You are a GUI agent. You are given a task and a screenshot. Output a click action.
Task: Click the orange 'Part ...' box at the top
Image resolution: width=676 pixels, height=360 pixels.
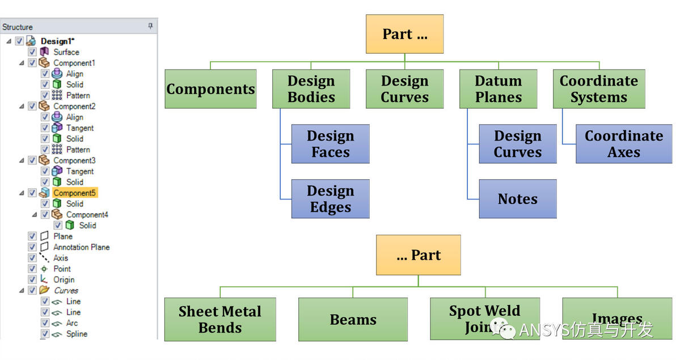pos(404,34)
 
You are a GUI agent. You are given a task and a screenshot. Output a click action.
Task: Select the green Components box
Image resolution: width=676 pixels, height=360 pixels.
pos(210,89)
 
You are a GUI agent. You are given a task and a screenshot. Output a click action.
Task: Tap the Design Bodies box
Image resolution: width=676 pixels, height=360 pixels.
pos(311,89)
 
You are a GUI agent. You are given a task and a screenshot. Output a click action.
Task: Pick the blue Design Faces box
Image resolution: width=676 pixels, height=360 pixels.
pos(330,144)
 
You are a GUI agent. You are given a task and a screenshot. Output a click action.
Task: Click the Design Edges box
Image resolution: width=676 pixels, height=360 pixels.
pos(330,199)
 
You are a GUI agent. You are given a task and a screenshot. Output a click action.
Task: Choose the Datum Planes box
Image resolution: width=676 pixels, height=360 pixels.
pos(498,89)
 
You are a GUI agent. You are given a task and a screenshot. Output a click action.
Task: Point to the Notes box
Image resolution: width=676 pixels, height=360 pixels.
pos(517,199)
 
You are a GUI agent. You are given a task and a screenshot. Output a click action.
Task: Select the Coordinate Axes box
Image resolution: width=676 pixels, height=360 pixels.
pos(623,144)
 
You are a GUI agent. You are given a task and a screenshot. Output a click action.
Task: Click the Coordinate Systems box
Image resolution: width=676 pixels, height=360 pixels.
pos(598,89)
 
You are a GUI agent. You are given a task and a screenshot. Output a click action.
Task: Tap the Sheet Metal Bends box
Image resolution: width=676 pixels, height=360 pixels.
pos(220,319)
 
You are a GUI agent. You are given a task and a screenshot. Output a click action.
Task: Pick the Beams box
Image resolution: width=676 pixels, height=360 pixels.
pos(353,319)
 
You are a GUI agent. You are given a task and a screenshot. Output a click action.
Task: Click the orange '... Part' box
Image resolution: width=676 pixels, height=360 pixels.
pos(418,255)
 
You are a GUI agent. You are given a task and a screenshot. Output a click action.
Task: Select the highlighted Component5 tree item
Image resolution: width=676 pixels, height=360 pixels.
pos(74,193)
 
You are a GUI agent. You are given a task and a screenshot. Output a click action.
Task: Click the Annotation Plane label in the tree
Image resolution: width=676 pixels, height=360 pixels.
pos(81,247)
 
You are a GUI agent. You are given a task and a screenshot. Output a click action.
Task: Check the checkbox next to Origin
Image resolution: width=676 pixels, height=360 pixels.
pos(32,279)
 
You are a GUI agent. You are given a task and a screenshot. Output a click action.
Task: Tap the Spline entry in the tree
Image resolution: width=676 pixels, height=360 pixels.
pos(77,334)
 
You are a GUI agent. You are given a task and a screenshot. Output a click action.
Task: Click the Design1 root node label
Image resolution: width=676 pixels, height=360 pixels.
pos(57,41)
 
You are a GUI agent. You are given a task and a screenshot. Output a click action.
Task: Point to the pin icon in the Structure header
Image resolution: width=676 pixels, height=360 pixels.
pos(150,26)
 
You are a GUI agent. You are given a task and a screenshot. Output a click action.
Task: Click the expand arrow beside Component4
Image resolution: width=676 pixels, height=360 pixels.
pos(35,214)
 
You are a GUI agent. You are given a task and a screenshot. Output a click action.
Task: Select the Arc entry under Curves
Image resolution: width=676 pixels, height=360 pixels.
pos(72,323)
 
